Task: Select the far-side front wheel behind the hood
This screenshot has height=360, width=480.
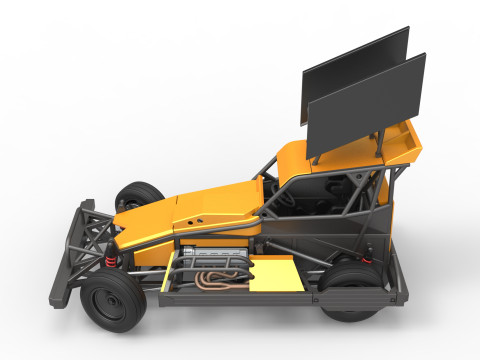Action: (140, 194)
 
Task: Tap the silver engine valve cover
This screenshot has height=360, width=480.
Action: (215, 256)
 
